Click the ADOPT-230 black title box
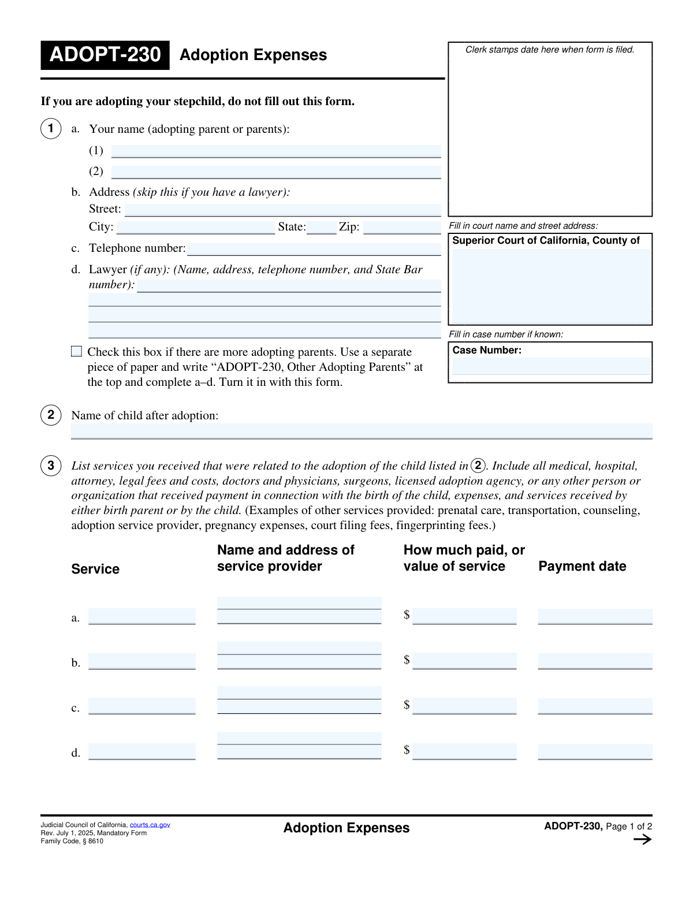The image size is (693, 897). click(105, 55)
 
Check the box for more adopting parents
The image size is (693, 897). click(76, 351)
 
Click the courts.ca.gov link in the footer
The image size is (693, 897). click(150, 825)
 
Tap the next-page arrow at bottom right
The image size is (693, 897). click(642, 840)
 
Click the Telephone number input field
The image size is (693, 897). click(314, 249)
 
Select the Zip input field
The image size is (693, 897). click(402, 227)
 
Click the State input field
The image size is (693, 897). click(321, 227)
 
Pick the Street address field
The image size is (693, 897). click(282, 210)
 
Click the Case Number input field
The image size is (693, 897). click(551, 366)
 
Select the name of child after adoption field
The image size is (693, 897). click(362, 431)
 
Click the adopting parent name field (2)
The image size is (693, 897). click(276, 172)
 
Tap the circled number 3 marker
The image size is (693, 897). click(51, 466)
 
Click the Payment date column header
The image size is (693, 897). click(582, 566)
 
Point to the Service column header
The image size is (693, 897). click(95, 569)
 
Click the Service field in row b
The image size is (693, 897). click(142, 661)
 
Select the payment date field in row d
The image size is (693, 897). click(595, 751)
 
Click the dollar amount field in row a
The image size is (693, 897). click(464, 616)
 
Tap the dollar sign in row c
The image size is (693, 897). click(407, 705)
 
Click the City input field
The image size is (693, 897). click(195, 227)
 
